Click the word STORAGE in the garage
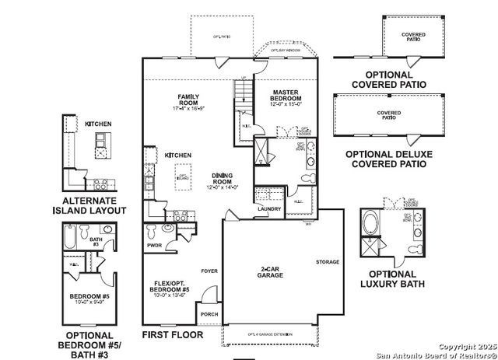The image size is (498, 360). (x=328, y=262)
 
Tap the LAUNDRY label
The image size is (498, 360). (x=268, y=208)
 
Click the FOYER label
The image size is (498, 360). (x=208, y=271)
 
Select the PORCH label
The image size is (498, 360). (x=208, y=315)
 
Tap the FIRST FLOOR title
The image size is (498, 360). (x=173, y=335)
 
